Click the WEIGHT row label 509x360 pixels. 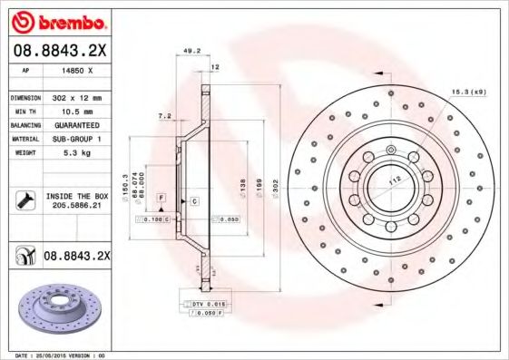click(x=23, y=153)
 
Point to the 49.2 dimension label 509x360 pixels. click(x=191, y=52)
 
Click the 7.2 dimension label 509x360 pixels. click(x=165, y=117)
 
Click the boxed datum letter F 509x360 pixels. click(x=162, y=198)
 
